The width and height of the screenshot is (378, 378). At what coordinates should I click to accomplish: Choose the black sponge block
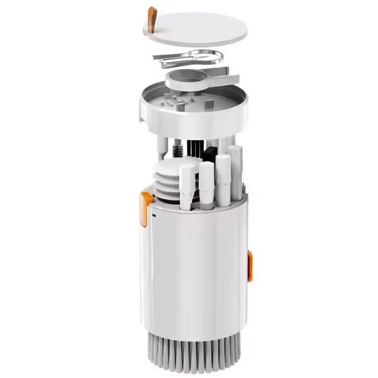click(211, 152)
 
